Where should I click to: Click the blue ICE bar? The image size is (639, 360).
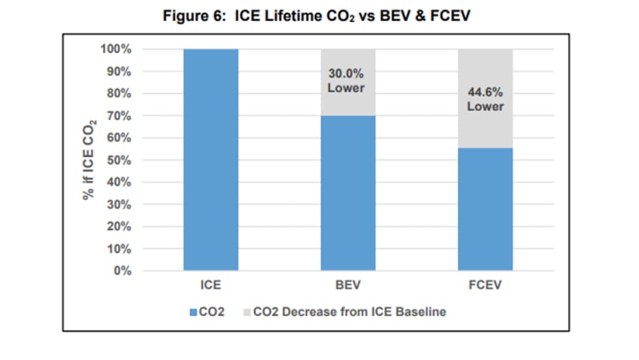[x=211, y=160]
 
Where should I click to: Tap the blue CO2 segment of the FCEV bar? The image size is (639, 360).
[x=485, y=209]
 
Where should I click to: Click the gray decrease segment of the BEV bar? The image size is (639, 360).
[x=348, y=104]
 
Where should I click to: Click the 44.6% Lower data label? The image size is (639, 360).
[x=485, y=99]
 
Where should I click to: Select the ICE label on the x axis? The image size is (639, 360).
[x=211, y=286]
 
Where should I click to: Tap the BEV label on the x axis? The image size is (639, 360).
[x=348, y=286]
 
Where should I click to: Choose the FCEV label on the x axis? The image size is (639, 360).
[x=485, y=286]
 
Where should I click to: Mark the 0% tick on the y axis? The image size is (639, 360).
[x=124, y=271]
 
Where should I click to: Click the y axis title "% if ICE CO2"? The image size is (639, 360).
[x=89, y=160]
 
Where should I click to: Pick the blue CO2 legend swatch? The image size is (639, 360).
[x=193, y=312]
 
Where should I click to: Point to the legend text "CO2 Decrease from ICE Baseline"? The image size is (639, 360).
[x=349, y=312]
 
